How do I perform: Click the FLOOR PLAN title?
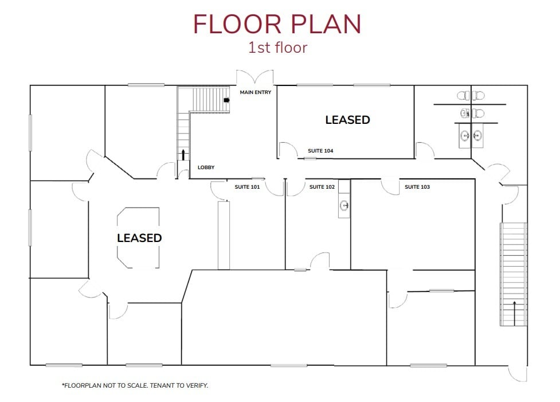tap(277, 24)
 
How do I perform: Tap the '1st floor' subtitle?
tap(277, 48)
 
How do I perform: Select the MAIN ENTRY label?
tap(256, 92)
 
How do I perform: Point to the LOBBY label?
tap(206, 167)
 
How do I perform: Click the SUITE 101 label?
tap(248, 187)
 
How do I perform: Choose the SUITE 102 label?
tap(322, 187)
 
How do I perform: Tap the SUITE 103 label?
tap(417, 187)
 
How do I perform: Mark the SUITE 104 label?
tap(320, 151)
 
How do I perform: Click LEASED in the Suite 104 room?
tap(347, 120)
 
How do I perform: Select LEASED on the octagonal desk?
tap(139, 237)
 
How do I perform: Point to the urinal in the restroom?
tap(464, 113)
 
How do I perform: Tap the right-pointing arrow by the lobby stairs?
tap(226, 100)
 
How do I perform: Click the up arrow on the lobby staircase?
tap(183, 154)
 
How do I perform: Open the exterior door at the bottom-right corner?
tap(518, 373)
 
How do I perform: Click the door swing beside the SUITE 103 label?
tap(391, 186)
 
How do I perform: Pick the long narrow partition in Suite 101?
tap(224, 235)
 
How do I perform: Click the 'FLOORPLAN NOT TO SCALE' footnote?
tap(135, 385)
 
